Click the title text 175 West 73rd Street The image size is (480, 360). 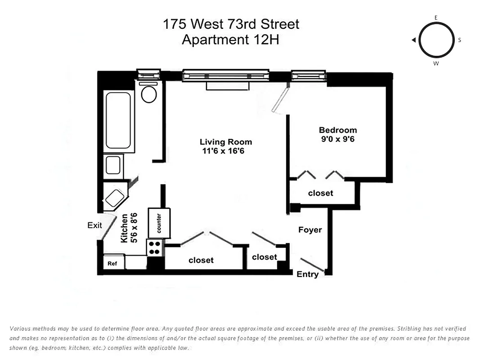click(x=231, y=24)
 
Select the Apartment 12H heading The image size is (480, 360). click(x=230, y=40)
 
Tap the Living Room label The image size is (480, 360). click(x=226, y=142)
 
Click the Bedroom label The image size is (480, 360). click(x=337, y=130)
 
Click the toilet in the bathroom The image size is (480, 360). click(x=148, y=94)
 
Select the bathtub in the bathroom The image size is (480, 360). click(x=118, y=120)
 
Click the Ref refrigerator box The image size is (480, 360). click(x=112, y=264)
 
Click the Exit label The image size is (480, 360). click(x=95, y=225)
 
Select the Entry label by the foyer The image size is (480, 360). click(x=308, y=274)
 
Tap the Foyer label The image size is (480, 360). click(x=310, y=230)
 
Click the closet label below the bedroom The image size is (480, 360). click(x=320, y=193)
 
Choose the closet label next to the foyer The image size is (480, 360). click(x=264, y=257)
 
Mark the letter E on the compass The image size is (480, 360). click(x=436, y=17)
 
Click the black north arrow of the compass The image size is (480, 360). click(x=413, y=40)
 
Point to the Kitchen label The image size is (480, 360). click(x=125, y=229)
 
